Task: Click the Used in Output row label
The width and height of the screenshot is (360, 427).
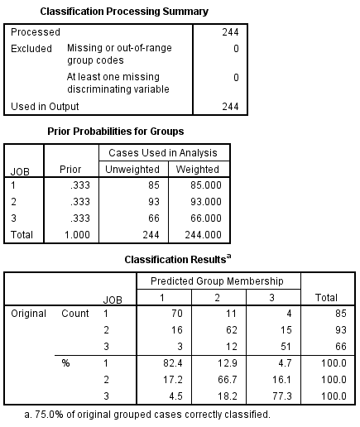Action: [x=45, y=107]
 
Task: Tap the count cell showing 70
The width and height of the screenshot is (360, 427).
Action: [x=173, y=314]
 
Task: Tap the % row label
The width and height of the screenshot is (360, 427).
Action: [x=65, y=362]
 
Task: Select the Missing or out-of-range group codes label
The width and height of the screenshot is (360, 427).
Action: [x=119, y=54]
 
